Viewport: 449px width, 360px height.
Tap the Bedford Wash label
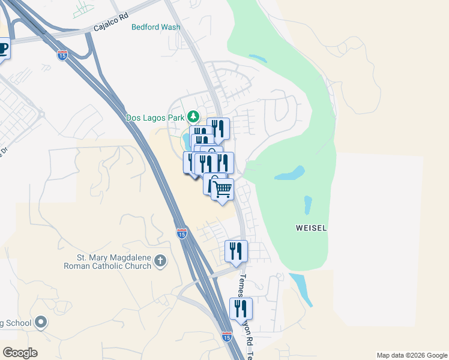(x=155, y=27)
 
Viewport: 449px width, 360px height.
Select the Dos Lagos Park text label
(x=155, y=118)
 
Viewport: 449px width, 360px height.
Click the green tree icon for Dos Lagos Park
(x=193, y=116)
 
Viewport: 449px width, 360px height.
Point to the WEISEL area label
(x=311, y=228)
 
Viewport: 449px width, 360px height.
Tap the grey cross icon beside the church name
(x=160, y=260)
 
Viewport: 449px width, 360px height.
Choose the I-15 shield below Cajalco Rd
(x=62, y=55)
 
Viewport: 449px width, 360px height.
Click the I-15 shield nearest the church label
(x=182, y=233)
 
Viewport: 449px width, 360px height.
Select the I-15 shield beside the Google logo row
(x=226, y=337)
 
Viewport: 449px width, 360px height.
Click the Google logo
(x=20, y=353)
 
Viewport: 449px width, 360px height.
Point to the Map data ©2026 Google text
(x=411, y=355)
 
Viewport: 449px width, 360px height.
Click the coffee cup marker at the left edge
(x=3, y=48)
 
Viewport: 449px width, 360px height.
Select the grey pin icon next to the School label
(x=41, y=323)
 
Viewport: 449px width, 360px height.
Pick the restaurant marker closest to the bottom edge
(x=241, y=309)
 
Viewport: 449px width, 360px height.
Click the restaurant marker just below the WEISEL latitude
(x=237, y=251)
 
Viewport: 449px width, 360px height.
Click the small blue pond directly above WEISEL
(x=308, y=205)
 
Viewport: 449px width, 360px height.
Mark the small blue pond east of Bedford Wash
(x=258, y=59)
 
